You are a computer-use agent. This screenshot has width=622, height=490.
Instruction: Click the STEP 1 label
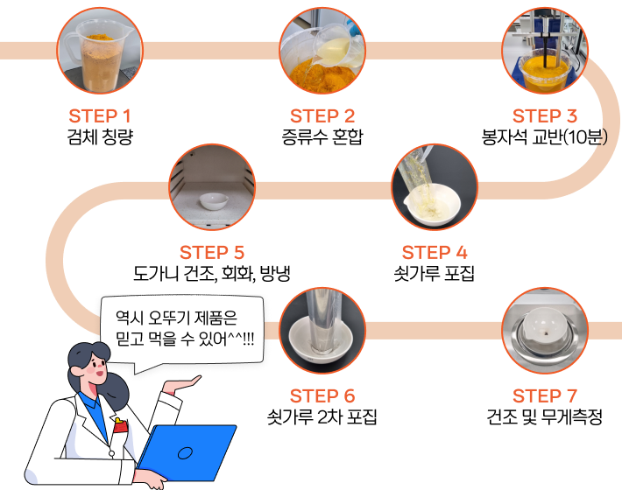(x=100, y=116)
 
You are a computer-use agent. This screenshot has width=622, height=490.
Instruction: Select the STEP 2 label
(x=322, y=116)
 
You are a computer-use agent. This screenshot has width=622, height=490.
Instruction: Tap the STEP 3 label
(x=545, y=116)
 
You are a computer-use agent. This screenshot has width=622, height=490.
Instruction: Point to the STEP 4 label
(x=435, y=253)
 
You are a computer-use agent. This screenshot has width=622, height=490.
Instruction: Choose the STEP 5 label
(x=212, y=253)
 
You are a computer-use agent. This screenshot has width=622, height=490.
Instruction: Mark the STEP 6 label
(x=322, y=396)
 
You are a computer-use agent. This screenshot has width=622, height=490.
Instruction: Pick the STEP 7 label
(x=545, y=396)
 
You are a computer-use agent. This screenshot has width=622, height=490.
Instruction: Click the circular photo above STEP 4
(x=435, y=187)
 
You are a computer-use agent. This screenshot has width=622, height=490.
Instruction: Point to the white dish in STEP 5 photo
(x=212, y=201)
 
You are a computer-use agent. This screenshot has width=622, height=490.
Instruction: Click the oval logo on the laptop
(x=185, y=453)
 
